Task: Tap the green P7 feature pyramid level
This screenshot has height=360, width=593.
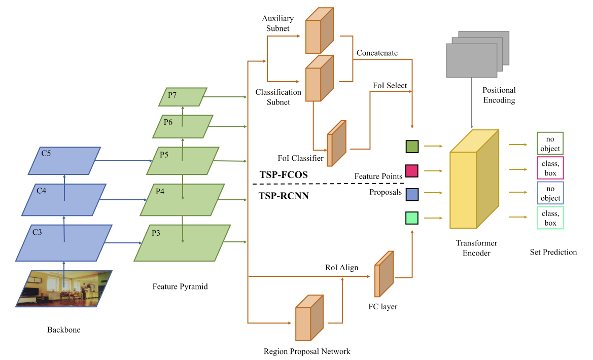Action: (183, 97)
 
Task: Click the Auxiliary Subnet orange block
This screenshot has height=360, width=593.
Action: (319, 31)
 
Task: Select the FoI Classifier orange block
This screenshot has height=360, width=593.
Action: (337, 144)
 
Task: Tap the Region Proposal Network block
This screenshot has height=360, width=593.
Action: (309, 318)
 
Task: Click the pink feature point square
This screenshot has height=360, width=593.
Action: (412, 171)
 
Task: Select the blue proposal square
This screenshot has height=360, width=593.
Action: (412, 193)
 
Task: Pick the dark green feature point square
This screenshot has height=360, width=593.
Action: (412, 147)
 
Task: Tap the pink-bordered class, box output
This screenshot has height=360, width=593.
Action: (550, 168)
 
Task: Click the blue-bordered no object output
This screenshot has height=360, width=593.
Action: (550, 193)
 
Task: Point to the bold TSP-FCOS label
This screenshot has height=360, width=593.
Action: (284, 174)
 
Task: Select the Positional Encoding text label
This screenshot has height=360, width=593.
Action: (499, 95)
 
